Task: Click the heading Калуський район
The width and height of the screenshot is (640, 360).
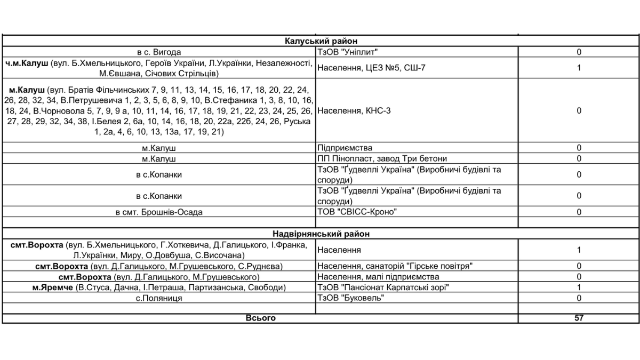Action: [321, 41]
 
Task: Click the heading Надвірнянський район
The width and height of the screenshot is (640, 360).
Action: [321, 234]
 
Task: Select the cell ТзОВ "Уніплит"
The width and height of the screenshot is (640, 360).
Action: [345, 52]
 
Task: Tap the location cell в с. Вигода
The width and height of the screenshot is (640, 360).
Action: [159, 52]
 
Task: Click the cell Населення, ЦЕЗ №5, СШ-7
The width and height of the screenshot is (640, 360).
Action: [372, 68]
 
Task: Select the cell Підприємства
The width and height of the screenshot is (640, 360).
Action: [345, 148]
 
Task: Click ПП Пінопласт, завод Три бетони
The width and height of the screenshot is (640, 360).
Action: [382, 158]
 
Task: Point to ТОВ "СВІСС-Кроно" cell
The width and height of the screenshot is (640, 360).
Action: [358, 212]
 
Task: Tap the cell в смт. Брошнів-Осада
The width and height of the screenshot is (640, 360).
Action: [159, 212]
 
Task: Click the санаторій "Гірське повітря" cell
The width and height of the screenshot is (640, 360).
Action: [395, 266]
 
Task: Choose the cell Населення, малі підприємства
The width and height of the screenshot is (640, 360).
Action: [378, 277]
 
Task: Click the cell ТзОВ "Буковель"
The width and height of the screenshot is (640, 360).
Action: [350, 298]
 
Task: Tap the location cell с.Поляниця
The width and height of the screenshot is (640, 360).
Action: [159, 298]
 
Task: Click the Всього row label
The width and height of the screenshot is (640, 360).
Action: [261, 318]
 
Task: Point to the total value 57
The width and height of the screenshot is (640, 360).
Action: [579, 318]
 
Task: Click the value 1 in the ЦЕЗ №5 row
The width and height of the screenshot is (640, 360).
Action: [579, 68]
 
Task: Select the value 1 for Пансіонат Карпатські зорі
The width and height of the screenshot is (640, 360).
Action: [579, 287]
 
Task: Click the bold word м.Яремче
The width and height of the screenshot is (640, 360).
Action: [53, 287]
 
